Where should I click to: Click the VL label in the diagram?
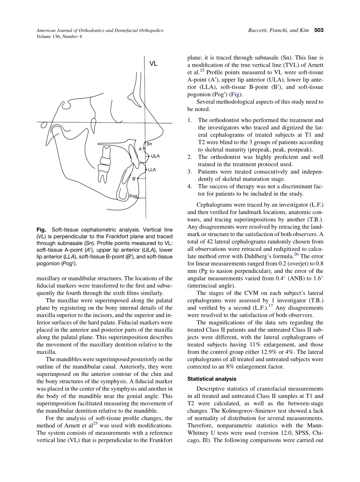pyautogui.click(x=153, y=64)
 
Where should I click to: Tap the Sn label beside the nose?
pyautogui.click(x=149, y=144)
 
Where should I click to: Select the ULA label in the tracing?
pyautogui.click(x=155, y=156)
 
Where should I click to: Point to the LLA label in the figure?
pyautogui.click(x=152, y=170)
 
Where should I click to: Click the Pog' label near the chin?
pyautogui.click(x=134, y=196)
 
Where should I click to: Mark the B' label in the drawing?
pyautogui.click(x=134, y=178)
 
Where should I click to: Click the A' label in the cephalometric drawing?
pyautogui.click(x=141, y=149)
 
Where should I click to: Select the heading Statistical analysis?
pyautogui.click(x=212, y=379)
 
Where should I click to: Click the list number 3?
pyautogui.click(x=189, y=172)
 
